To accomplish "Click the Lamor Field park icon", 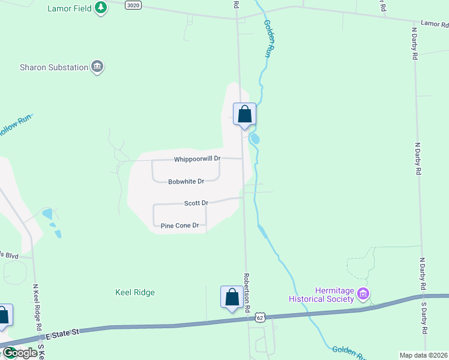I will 101,8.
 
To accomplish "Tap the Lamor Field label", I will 69,8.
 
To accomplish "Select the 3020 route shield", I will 133,5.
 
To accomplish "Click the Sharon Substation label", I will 54,67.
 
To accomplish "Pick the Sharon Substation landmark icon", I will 97,67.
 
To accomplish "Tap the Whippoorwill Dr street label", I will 197,159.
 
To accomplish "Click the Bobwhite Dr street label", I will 186,181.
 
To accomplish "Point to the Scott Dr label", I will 196,203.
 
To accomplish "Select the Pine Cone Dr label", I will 179,226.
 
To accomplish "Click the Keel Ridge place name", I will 135,293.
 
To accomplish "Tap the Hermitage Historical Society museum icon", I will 363,294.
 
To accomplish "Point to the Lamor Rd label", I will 434,25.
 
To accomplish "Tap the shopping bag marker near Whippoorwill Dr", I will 244,114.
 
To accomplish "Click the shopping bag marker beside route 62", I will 232,297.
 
